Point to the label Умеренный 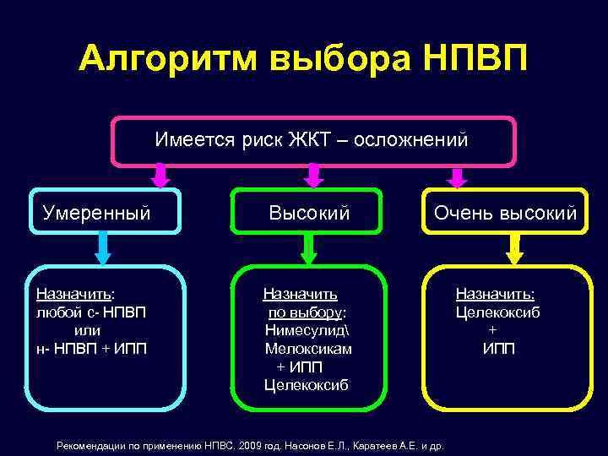(x=97, y=212)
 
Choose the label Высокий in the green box (x=309, y=212)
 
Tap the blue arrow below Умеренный (x=103, y=248)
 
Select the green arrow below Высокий (x=309, y=248)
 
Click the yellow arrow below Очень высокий (x=513, y=248)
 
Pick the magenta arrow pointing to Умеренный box (x=161, y=176)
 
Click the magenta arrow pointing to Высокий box (x=313, y=176)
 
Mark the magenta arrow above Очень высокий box (x=457, y=176)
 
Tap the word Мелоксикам (x=308, y=349)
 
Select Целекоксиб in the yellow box (x=498, y=312)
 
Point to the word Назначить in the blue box (x=73, y=294)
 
